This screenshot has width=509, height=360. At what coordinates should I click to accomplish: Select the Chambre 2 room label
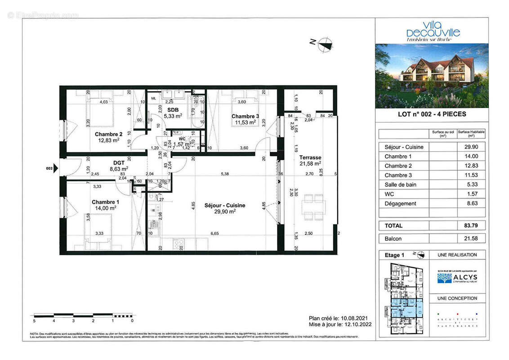point(108,134)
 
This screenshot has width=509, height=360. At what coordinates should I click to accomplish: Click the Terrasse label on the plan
point(310,157)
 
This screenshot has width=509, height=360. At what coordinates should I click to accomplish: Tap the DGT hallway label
point(119,162)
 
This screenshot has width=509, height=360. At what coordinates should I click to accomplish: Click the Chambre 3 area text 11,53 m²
point(243,122)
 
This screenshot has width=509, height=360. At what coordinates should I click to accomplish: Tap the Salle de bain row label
point(400,184)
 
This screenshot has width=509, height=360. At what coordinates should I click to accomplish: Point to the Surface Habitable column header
point(471,134)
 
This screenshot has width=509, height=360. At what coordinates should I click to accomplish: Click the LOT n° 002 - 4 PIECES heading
point(432,114)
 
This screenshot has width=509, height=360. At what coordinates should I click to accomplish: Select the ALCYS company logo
point(457,278)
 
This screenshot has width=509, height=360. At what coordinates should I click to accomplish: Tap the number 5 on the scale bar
point(34,321)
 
